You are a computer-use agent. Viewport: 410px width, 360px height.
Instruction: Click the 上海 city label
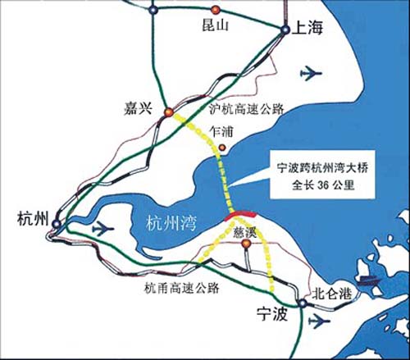[x=308, y=30]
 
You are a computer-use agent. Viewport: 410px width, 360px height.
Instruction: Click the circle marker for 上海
[x=284, y=30]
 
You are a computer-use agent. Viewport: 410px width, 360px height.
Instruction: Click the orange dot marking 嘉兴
[x=168, y=112]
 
